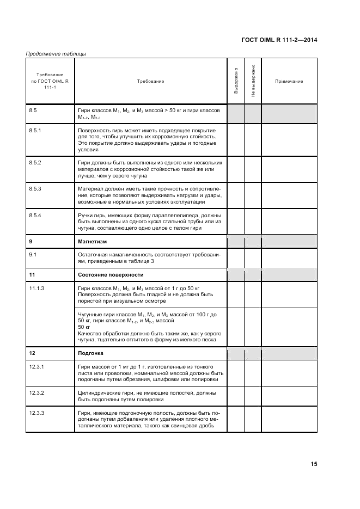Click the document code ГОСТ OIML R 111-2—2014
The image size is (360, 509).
click(279, 40)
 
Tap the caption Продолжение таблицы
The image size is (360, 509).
click(56, 53)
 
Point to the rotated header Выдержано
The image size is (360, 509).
click(236, 81)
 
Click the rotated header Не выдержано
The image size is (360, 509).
click(253, 81)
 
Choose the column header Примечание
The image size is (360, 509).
click(289, 81)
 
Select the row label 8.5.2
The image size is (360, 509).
click(35, 163)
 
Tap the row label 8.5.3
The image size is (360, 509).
click(35, 188)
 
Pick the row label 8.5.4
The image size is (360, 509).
click(35, 215)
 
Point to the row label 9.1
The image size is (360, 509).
click(33, 254)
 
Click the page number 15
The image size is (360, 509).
click(314, 464)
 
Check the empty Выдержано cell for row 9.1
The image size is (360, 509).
click(235, 257)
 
